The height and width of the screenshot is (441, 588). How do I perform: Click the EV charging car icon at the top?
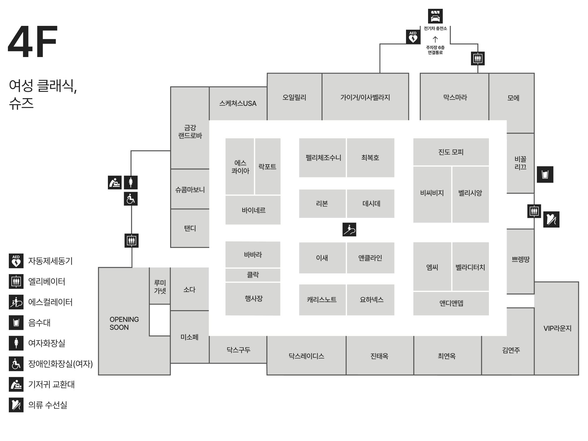(435, 16)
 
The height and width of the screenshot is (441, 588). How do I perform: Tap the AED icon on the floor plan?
(413, 37)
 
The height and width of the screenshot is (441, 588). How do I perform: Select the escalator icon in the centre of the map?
(349, 229)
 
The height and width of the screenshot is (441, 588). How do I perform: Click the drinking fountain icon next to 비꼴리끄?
(545, 174)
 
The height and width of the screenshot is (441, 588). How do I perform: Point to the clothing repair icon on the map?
(551, 219)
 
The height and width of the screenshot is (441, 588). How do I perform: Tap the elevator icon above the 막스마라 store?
(477, 59)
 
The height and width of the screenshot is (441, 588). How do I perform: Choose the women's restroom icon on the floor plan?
(131, 182)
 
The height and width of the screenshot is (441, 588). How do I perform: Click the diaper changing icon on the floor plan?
(115, 182)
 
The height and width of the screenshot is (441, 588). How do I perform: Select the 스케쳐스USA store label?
(238, 103)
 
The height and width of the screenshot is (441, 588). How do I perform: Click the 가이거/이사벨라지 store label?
(365, 98)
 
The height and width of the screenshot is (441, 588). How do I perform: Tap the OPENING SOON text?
(124, 323)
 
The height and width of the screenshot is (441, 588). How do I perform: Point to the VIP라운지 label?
(557, 328)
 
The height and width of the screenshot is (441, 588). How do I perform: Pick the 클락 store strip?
(253, 275)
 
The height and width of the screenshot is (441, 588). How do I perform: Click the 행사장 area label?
(253, 299)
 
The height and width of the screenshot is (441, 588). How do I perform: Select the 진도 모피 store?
(451, 152)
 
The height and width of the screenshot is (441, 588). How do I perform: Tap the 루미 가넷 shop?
(160, 287)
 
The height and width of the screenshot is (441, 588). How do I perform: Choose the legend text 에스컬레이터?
(50, 302)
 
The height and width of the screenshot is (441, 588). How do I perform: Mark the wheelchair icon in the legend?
(16, 364)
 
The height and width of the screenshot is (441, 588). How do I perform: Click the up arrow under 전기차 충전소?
(435, 39)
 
